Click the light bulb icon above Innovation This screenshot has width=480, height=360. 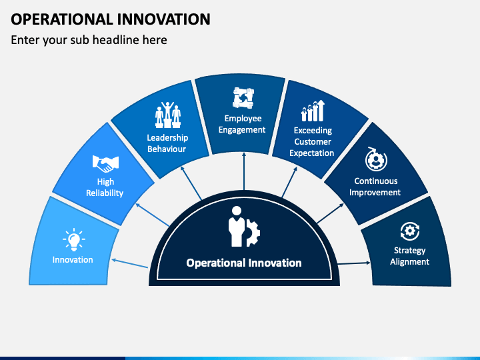point(74,239)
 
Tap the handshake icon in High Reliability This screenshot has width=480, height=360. point(105,164)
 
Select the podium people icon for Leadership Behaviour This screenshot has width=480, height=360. point(168,115)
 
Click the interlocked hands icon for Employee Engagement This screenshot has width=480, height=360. point(243,98)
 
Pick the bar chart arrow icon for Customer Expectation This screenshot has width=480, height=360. point(313,111)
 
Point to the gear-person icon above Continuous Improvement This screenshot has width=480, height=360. point(376,159)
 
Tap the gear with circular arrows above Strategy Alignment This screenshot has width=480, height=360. point(410,231)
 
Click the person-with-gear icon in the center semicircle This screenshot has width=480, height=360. point(244,226)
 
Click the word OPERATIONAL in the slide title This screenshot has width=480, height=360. point(62,19)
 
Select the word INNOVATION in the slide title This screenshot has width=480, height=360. point(164,19)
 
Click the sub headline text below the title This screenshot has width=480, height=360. point(89,40)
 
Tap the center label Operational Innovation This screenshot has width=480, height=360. point(244,263)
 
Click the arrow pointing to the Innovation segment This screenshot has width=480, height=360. point(130,263)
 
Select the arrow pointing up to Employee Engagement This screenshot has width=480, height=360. point(244,171)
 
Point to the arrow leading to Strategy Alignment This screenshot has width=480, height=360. point(354,263)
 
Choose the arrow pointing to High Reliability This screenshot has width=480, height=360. point(153,215)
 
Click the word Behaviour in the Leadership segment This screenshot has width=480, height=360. point(167,149)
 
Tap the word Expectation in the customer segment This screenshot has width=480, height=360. point(311,153)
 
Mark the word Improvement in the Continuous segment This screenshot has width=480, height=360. point(375,193)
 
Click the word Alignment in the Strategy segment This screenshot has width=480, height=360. point(409,262)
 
